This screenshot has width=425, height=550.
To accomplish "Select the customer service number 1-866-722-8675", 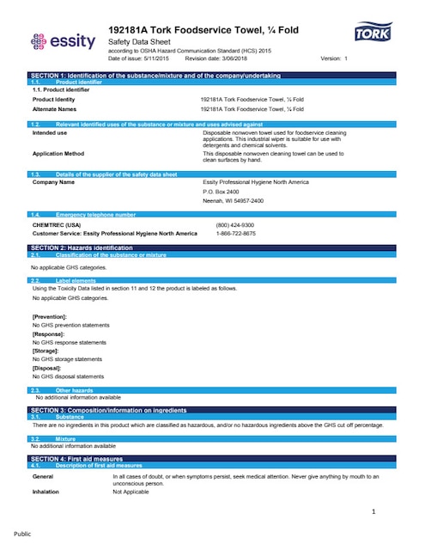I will coord(235,233).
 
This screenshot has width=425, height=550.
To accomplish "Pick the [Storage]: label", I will coord(46,351).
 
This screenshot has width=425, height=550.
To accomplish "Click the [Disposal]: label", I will coord(47,368).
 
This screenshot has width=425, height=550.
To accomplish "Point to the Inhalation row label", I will coord(46,492).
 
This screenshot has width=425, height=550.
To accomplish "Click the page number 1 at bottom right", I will coord(374,512).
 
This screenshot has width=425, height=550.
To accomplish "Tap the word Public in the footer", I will coord(22,534).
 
